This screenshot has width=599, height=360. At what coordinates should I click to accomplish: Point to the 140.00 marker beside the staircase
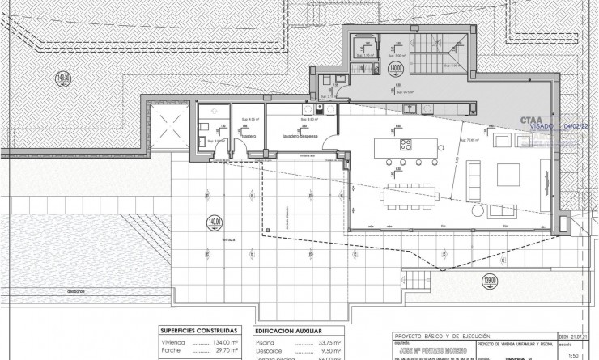tap(396, 69)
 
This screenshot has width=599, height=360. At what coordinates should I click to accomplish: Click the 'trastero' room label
tap(236, 137)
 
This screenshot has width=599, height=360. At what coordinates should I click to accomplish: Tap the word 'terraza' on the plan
tap(228, 240)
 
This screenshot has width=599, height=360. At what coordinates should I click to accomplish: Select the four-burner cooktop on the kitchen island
tap(406, 145)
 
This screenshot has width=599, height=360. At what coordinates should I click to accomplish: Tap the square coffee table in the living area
tap(508, 173)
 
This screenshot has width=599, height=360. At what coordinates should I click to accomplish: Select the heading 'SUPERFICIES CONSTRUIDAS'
tap(199, 330)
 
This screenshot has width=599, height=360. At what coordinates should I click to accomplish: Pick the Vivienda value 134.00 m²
tap(223, 342)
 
